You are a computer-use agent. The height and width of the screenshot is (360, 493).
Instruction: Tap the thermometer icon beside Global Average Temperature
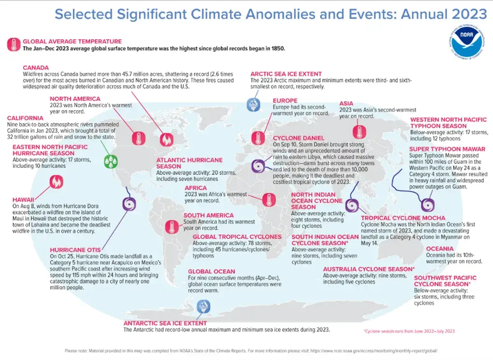[14, 45]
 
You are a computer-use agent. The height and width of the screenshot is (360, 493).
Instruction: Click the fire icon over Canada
[166, 139]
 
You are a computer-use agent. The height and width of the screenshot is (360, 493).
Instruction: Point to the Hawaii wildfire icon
[56, 181]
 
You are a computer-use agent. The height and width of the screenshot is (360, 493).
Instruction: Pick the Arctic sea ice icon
[254, 104]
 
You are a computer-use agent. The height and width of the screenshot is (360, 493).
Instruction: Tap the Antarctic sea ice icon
[203, 306]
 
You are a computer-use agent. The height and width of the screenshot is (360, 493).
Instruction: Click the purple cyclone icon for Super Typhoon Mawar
[426, 205]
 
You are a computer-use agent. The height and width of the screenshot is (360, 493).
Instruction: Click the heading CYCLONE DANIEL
[296, 138]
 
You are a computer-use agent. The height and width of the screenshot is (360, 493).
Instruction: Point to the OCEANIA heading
[439, 249]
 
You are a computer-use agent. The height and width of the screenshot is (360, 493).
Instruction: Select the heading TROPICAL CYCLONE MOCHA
[403, 218]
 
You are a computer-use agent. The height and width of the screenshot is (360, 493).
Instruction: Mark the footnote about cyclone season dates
[409, 331]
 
